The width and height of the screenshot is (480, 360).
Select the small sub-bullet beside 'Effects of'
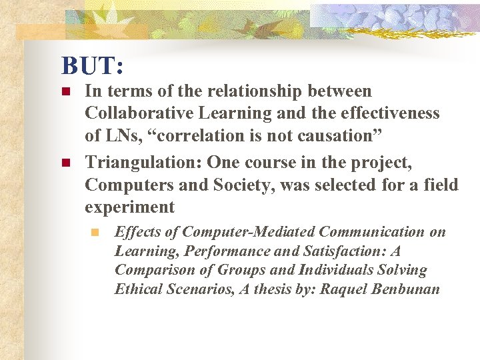[95, 233]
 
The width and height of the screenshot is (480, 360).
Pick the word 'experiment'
[129, 207]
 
